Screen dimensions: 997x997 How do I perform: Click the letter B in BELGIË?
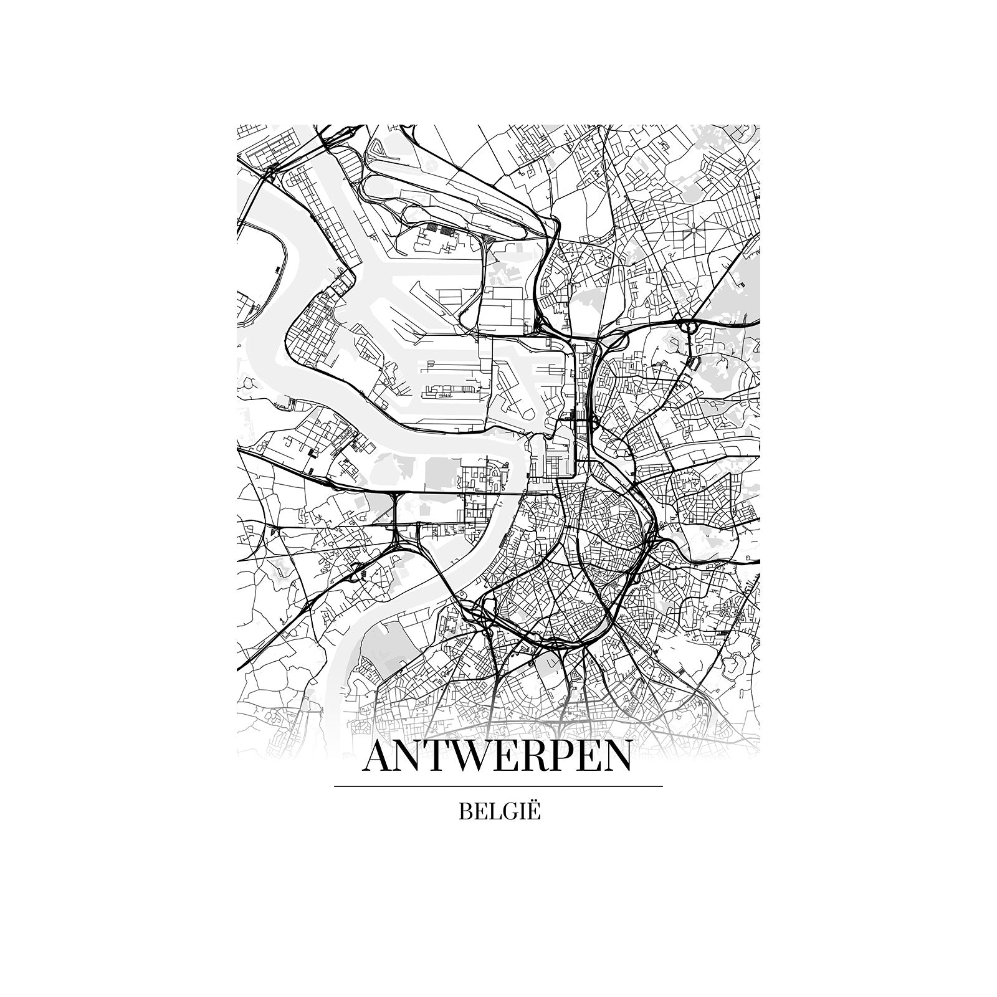[465, 813]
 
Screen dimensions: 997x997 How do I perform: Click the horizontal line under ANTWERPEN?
[499, 786]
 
